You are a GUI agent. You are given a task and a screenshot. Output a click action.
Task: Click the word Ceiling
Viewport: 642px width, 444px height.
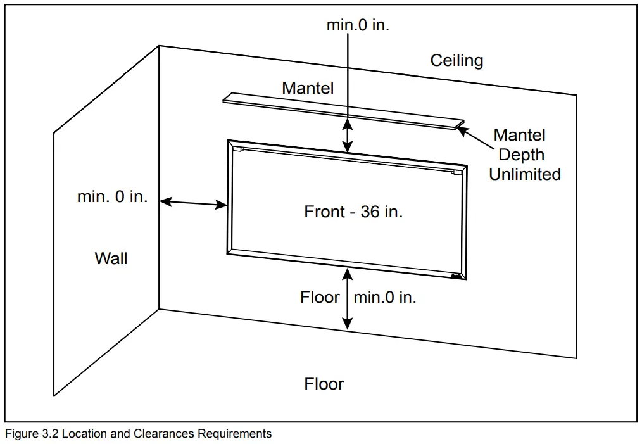click(x=456, y=61)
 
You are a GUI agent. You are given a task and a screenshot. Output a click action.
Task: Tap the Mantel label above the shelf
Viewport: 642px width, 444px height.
click(x=308, y=88)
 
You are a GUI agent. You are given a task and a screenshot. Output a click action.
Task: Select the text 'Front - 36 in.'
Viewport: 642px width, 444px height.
click(x=353, y=212)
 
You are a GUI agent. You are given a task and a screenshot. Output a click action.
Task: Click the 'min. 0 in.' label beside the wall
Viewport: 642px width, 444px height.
click(x=112, y=196)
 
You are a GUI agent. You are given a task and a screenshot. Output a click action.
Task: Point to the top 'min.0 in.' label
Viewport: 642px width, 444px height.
click(x=358, y=25)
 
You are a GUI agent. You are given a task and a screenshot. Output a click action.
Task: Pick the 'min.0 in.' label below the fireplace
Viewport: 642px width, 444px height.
click(x=385, y=297)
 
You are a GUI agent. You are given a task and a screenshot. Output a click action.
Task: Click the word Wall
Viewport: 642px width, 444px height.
click(x=111, y=258)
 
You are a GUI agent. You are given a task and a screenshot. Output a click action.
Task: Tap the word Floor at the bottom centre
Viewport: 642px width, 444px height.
click(x=324, y=384)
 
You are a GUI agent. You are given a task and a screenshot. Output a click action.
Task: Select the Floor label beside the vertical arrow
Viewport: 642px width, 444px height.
click(x=320, y=297)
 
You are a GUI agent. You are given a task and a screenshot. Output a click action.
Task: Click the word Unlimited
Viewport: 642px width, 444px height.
click(x=525, y=174)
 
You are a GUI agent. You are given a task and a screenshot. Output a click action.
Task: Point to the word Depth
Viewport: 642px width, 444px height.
click(x=521, y=155)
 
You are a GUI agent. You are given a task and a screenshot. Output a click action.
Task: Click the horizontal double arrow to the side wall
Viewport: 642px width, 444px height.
click(x=193, y=203)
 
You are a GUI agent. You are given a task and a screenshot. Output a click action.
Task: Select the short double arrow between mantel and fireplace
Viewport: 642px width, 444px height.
click(x=347, y=134)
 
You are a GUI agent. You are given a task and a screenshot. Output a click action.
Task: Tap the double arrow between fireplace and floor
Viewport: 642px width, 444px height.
click(x=347, y=298)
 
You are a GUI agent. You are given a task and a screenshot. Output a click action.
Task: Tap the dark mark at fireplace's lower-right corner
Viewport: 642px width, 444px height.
click(x=456, y=276)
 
